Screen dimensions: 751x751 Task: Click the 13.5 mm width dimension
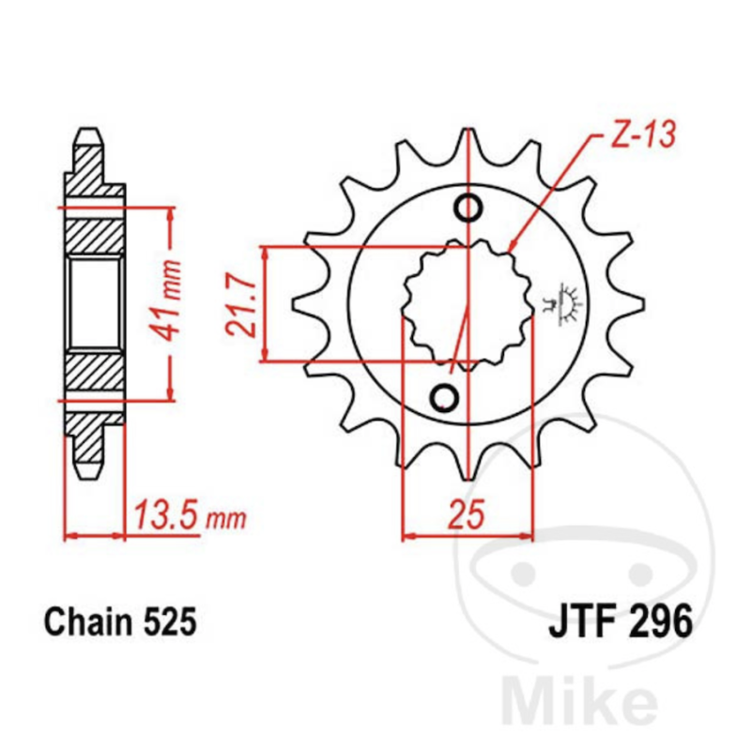click(190, 515)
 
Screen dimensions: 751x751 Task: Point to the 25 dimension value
click(467, 513)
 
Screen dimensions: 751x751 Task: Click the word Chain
click(88, 622)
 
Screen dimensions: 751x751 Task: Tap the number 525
click(170, 622)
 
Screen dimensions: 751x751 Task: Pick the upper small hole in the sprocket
click(467, 208)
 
